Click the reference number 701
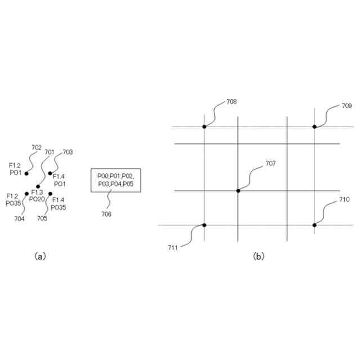(x=49, y=152)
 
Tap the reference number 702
(x=37, y=147)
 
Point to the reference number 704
(x=19, y=219)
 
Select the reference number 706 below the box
(x=106, y=214)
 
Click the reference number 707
(x=271, y=164)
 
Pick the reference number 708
(x=231, y=102)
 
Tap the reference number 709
(x=346, y=106)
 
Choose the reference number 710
(x=345, y=200)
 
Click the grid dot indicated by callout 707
(x=238, y=191)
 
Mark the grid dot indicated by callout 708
(x=204, y=127)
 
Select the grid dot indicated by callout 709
(x=314, y=127)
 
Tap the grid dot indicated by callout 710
(x=314, y=225)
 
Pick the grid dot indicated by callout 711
(x=204, y=225)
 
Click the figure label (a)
(x=40, y=256)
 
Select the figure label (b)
(x=258, y=256)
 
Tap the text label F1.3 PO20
(x=38, y=196)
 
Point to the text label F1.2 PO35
(x=14, y=200)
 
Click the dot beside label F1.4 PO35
(x=51, y=194)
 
